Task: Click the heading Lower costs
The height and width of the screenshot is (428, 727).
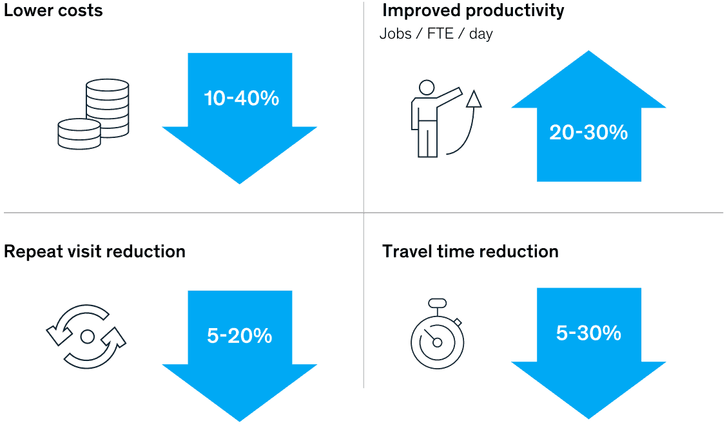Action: [53, 10]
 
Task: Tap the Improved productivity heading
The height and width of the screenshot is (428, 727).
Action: [473, 11]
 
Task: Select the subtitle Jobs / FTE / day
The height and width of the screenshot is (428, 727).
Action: [436, 34]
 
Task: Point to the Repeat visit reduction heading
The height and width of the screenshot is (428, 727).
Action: [95, 251]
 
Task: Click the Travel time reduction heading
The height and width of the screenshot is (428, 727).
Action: [470, 251]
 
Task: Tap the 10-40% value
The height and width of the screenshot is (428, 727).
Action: [242, 99]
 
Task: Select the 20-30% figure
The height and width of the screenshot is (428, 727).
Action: [588, 133]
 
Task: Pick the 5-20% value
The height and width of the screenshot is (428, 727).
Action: [239, 336]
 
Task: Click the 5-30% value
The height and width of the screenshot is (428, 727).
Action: [588, 333]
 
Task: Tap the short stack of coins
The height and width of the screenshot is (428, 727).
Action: [79, 134]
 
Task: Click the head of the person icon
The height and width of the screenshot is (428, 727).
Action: [427, 87]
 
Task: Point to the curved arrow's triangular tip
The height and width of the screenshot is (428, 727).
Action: [474, 99]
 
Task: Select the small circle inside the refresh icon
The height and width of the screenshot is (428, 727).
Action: [88, 336]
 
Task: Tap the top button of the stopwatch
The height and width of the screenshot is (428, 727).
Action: [437, 303]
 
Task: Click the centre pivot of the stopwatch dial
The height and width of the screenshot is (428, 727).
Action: [437, 343]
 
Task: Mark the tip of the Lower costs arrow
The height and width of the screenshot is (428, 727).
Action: [240, 184]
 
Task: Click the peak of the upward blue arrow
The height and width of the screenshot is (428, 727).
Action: [589, 50]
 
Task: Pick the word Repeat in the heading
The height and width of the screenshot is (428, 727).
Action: [33, 252]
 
